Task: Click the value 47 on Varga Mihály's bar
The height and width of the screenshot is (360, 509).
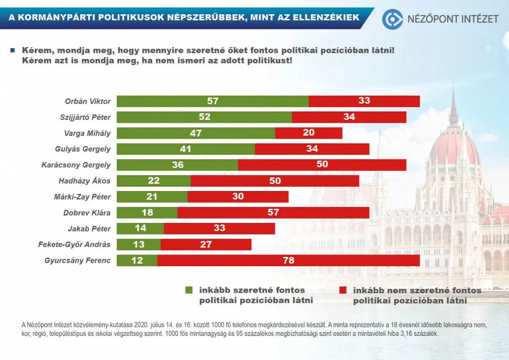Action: pyautogui.click(x=196, y=133)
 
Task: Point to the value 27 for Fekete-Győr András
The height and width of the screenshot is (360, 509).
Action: pyautogui.click(x=206, y=245)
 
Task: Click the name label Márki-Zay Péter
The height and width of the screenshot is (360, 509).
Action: pyautogui.click(x=82, y=197)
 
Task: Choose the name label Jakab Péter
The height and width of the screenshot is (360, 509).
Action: pyautogui.click(x=89, y=228)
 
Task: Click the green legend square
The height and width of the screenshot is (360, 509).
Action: pyautogui.click(x=189, y=290)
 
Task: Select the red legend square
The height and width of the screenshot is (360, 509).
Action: pyautogui.click(x=343, y=290)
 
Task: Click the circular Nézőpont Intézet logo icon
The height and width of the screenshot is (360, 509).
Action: pyautogui.click(x=393, y=19)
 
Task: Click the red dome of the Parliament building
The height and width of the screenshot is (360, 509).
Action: pyautogui.click(x=454, y=147)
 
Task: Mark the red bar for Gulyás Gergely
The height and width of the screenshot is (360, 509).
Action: pyautogui.click(x=312, y=149)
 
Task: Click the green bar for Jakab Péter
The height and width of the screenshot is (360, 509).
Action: pyautogui.click(x=140, y=228)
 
